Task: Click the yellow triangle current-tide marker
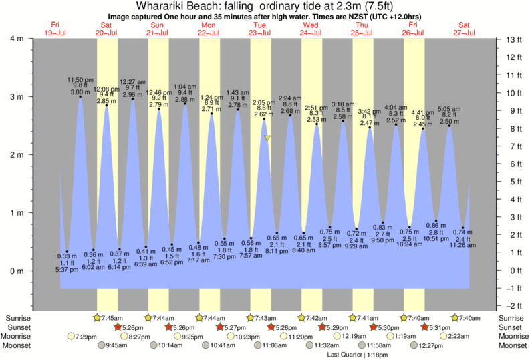267,138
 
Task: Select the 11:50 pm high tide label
80,80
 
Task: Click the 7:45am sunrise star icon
99,317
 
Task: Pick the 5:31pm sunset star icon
425,327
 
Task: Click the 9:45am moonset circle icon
101,346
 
